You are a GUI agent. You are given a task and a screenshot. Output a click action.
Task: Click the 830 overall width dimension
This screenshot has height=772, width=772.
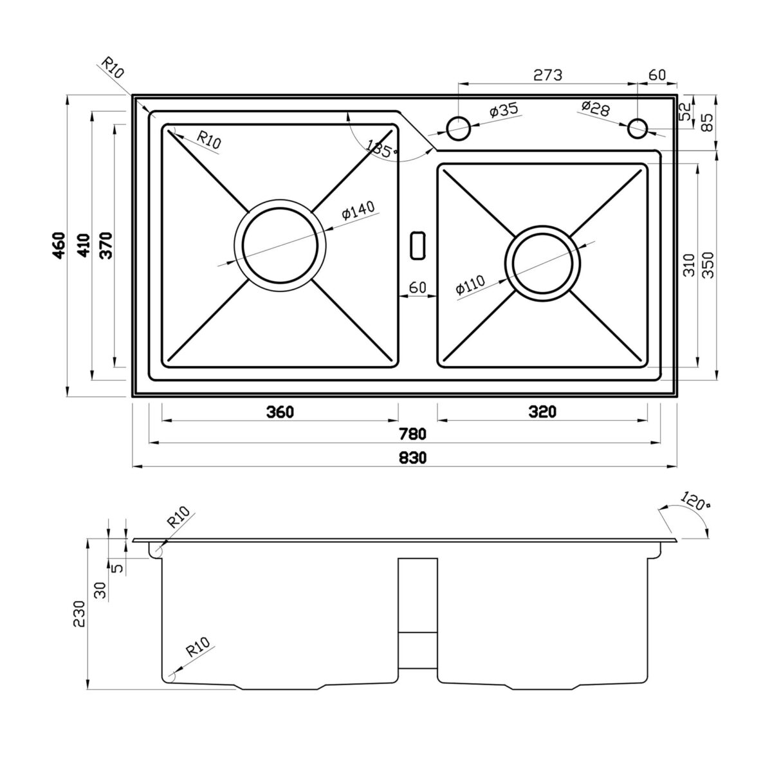[x=412, y=457]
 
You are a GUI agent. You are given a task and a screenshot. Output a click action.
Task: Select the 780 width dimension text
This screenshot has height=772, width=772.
[x=412, y=434]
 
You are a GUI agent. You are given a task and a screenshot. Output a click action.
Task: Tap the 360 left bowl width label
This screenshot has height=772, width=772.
[x=280, y=412]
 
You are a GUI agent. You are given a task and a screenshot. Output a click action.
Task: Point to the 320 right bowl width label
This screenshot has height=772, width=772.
[x=542, y=412]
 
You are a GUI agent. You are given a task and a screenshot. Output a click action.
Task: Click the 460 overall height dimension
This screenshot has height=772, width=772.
[x=59, y=246]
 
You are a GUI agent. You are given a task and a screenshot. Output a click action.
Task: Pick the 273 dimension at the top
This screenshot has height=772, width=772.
[x=548, y=75]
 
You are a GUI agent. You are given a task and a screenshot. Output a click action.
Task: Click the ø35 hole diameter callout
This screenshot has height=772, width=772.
[x=504, y=110]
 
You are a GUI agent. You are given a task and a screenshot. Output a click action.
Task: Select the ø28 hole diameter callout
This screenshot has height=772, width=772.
[x=595, y=108]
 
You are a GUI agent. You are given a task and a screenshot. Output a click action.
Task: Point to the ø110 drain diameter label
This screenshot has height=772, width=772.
[x=470, y=285]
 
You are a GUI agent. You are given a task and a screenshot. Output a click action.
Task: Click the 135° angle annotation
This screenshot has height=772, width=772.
[x=381, y=149]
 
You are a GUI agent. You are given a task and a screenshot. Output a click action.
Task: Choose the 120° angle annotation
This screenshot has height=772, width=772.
[x=695, y=501]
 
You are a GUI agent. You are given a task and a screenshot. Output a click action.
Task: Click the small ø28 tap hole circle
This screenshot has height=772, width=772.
[x=637, y=129]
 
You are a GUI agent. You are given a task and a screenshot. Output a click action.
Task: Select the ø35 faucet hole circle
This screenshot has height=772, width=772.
[x=458, y=129]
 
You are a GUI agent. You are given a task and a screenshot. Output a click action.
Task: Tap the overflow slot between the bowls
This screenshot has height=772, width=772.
[x=418, y=244]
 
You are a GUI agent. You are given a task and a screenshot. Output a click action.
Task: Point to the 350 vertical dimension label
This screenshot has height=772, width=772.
[x=708, y=265]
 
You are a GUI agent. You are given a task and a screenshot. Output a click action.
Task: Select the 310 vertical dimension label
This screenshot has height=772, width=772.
[x=689, y=265]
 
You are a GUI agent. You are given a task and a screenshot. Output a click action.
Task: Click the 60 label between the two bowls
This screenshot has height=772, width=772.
[x=418, y=287]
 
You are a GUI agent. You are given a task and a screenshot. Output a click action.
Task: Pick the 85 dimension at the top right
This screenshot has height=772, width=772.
[x=708, y=123]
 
